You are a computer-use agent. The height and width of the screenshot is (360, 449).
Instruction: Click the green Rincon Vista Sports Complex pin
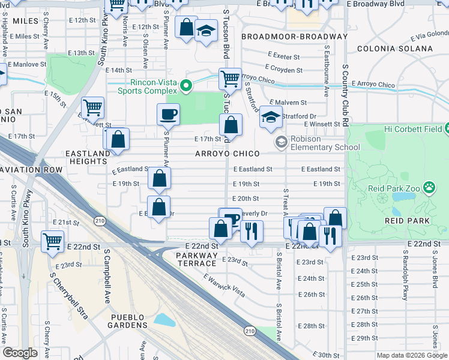(x=186, y=86)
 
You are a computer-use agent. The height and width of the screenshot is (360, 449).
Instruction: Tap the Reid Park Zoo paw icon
(x=429, y=188)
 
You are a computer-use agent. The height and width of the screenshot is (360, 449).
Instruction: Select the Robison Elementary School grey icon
(x=280, y=142)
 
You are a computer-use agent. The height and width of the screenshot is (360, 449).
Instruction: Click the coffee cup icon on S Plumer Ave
(x=168, y=113)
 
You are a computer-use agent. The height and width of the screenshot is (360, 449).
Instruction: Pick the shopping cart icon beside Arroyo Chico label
(x=230, y=78)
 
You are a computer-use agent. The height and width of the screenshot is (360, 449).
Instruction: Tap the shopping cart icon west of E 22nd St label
(x=53, y=241)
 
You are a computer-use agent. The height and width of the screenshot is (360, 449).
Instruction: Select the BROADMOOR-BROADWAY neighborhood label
(x=294, y=37)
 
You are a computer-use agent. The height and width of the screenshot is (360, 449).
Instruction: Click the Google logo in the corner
(x=20, y=353)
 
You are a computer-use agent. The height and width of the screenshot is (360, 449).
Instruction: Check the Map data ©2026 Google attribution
(x=411, y=355)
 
